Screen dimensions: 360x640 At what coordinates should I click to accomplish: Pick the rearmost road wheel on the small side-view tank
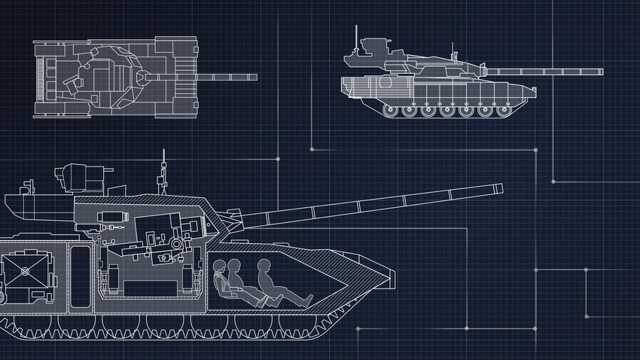click(x=391, y=111)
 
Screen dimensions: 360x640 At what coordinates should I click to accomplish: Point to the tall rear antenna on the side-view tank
click(x=357, y=38)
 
